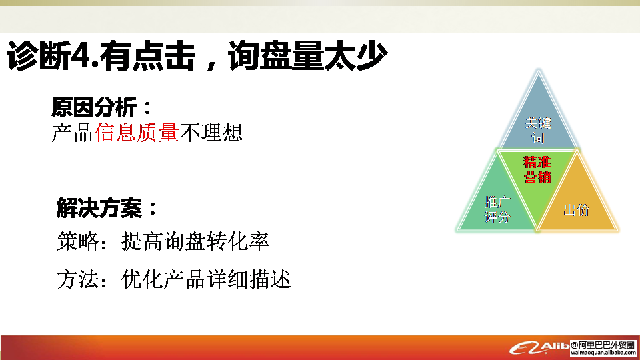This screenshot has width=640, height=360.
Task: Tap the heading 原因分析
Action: [94, 107]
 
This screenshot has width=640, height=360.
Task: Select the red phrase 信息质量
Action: [136, 132]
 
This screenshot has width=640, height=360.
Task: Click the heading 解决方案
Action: [99, 208]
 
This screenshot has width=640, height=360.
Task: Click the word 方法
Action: [78, 279]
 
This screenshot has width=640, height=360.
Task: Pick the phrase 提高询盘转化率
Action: [195, 241]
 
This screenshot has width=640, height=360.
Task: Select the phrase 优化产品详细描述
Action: [206, 279]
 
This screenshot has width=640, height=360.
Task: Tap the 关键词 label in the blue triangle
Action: [538, 130]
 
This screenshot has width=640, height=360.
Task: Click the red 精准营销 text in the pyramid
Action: [537, 170]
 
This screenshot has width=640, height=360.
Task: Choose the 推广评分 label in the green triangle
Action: [497, 209]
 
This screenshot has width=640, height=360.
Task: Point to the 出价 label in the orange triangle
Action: [576, 210]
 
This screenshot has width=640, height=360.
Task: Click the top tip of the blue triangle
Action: [539, 70]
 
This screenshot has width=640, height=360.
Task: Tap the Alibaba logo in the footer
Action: [539, 348]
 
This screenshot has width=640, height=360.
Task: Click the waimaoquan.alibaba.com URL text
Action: [603, 353]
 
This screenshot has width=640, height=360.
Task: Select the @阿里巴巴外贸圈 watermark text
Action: [603, 345]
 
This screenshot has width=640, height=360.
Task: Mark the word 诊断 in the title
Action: [39, 56]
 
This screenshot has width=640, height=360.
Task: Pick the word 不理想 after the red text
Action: [211, 132]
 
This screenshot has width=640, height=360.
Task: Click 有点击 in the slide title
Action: [147, 55]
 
